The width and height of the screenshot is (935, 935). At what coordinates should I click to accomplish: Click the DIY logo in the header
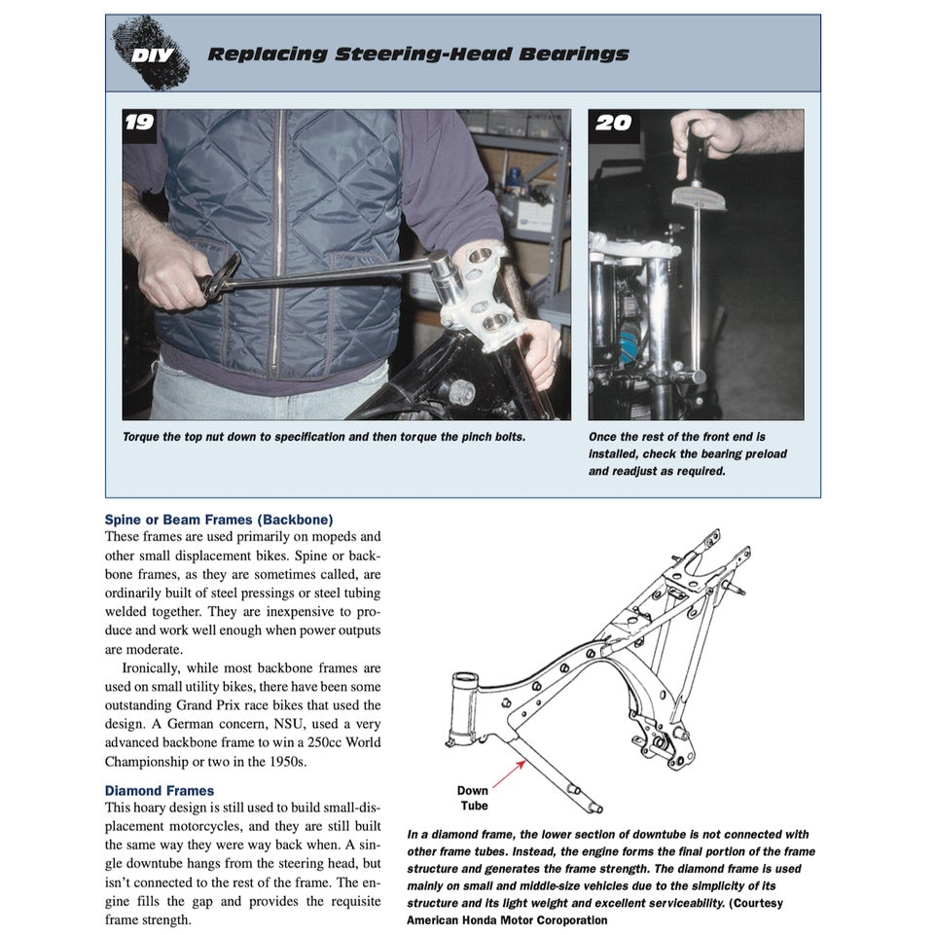pyautogui.click(x=152, y=54)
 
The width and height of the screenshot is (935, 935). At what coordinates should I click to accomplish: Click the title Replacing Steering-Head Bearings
pyautogui.click(x=417, y=54)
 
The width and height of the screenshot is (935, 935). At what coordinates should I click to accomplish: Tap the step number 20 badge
pyautogui.click(x=612, y=123)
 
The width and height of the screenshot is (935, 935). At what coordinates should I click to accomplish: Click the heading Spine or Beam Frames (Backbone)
pyautogui.click(x=218, y=520)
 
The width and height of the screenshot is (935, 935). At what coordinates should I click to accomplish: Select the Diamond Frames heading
pyautogui.click(x=160, y=790)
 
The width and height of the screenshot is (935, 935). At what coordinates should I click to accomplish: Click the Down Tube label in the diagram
pyautogui.click(x=473, y=798)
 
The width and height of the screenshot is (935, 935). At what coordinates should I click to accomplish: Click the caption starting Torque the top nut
pyautogui.click(x=324, y=437)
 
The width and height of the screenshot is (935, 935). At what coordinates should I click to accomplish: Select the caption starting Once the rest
pyautogui.click(x=687, y=454)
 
